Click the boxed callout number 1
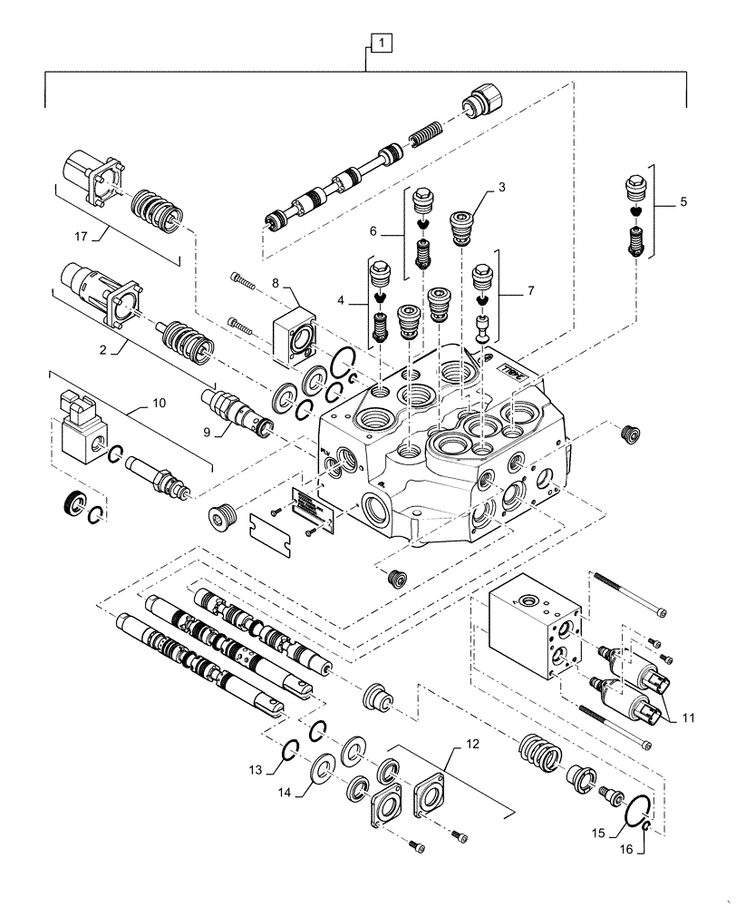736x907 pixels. click(x=383, y=42)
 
